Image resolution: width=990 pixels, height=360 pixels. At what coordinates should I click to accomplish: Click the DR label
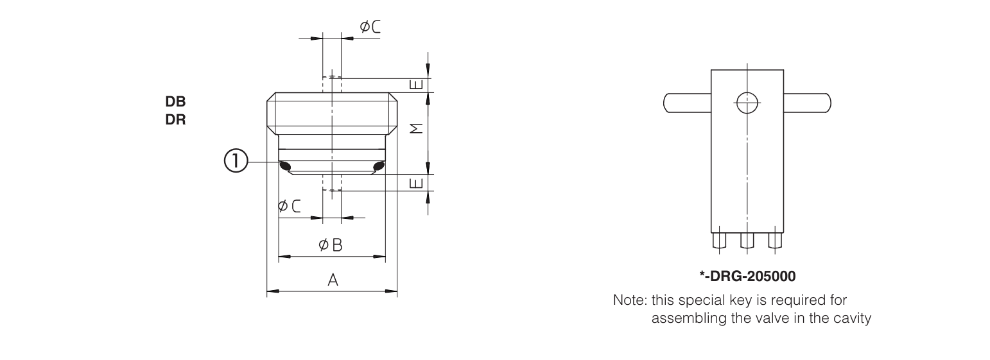tap(176, 119)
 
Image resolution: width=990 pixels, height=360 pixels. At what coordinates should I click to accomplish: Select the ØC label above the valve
tap(370, 26)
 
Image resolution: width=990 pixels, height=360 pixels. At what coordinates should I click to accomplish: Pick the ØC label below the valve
tap(289, 206)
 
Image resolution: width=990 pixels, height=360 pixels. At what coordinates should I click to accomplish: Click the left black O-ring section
tap(286, 167)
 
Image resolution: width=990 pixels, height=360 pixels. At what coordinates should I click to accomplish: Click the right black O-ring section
tap(378, 167)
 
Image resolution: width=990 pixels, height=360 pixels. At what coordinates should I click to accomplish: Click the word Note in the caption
tap(629, 300)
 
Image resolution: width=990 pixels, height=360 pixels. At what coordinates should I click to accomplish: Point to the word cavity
tap(853, 318)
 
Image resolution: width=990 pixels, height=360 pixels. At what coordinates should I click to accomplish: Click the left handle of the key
tap(686, 103)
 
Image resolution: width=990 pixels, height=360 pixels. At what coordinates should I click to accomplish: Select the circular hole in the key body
tap(747, 102)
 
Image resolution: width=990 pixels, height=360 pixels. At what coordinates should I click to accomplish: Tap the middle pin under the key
tap(747, 241)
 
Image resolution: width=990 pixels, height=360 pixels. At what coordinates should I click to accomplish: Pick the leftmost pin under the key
tap(719, 241)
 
